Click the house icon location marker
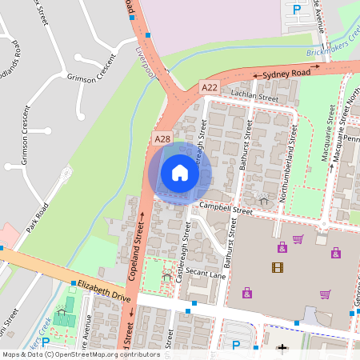coord(180,173)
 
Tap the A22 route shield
coord(210,86)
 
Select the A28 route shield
coord(162,139)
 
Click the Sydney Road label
coord(286,74)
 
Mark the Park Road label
coord(37,218)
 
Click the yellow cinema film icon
coord(277,267)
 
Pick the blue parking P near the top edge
coord(297,10)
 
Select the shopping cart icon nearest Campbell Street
coord(298,239)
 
